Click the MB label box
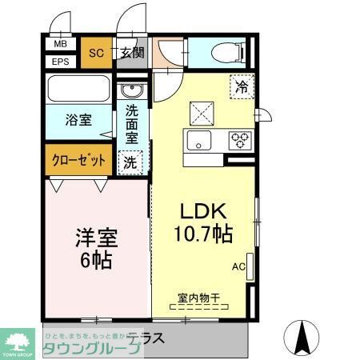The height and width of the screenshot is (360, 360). click(61, 46)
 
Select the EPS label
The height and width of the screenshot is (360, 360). click(61, 62)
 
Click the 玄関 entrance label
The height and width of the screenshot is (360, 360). click(132, 54)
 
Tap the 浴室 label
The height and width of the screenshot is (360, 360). click(78, 120)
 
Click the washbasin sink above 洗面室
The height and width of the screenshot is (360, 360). click(132, 89)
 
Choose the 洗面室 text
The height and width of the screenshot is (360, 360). click(132, 124)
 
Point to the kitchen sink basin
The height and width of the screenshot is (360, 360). click(198, 141)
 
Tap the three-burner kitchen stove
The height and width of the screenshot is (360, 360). click(239, 141)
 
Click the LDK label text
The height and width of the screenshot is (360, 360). click(204, 213)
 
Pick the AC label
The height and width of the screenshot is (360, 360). click(238, 266)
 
